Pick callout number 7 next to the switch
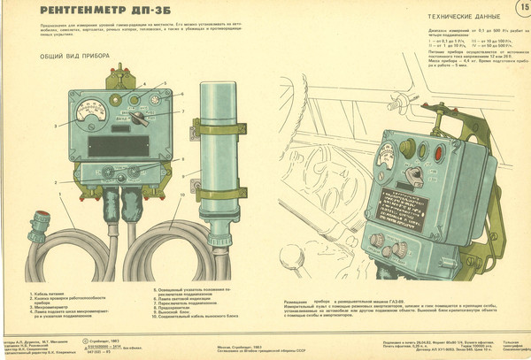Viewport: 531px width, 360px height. (x=181, y=111)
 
